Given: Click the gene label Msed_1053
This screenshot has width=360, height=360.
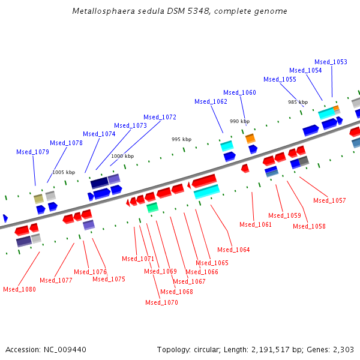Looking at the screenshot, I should [331, 62].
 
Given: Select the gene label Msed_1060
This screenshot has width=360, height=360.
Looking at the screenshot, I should [239, 92].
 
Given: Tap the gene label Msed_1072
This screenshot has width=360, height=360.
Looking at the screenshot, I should [160, 117].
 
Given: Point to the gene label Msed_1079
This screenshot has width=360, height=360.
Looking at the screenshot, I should [32, 152].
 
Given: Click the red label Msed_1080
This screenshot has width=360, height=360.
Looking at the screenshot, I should [19, 289].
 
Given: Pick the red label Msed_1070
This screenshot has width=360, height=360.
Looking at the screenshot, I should [161, 302].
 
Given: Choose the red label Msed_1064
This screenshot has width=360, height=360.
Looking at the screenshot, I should [233, 250].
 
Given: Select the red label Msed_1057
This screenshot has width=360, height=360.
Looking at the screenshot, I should [329, 200].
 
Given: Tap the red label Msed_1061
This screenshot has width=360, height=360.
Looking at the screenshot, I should [256, 224].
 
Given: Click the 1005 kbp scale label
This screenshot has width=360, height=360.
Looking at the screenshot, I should [64, 172].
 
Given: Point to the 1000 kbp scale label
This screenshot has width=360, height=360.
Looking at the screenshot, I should [122, 156].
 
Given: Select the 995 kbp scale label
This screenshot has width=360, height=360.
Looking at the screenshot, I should [181, 139].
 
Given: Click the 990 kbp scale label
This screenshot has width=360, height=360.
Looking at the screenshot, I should [239, 121].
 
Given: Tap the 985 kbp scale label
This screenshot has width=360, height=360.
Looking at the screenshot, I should [298, 102].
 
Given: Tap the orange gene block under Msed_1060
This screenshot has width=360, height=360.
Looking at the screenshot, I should [250, 139].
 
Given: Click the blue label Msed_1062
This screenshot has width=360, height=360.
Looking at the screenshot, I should [211, 101].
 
